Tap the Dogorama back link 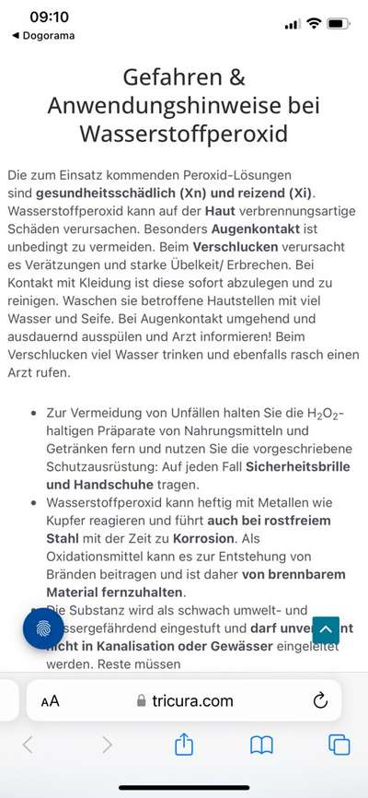(43, 36)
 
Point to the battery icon (338, 22)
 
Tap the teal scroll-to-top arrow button (326, 630)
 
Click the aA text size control (51, 701)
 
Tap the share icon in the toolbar (184, 744)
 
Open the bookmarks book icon (262, 744)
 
